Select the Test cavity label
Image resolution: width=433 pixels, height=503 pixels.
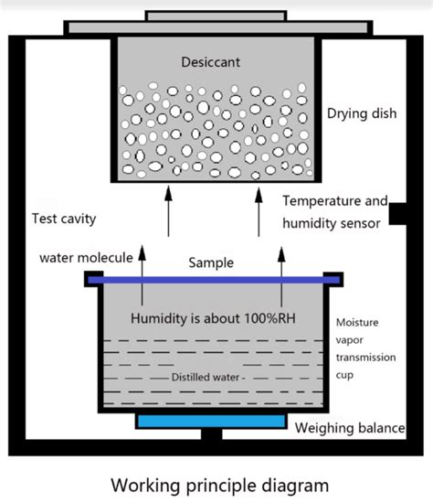(64, 219)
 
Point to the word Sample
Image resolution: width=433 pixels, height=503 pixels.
(211, 262)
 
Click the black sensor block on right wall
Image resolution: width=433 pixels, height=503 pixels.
(397, 213)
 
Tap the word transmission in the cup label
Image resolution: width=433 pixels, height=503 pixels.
(364, 359)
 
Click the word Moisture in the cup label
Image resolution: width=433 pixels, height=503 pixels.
(358, 323)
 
